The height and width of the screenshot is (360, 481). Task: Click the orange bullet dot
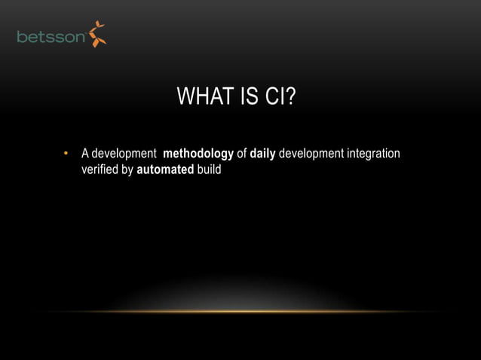[66, 155]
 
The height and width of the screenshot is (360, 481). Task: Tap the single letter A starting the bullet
[85, 154]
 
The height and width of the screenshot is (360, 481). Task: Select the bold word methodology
[198, 155]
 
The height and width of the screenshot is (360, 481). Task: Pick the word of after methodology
[242, 154]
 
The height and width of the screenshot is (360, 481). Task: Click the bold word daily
[263, 155]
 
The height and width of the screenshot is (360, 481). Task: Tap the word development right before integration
[311, 154]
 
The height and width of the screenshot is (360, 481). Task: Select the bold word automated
[165, 170]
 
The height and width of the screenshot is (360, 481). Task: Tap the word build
[209, 170]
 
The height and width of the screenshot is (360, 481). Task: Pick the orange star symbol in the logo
[97, 35]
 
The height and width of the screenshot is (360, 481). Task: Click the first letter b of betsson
[22, 37]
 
